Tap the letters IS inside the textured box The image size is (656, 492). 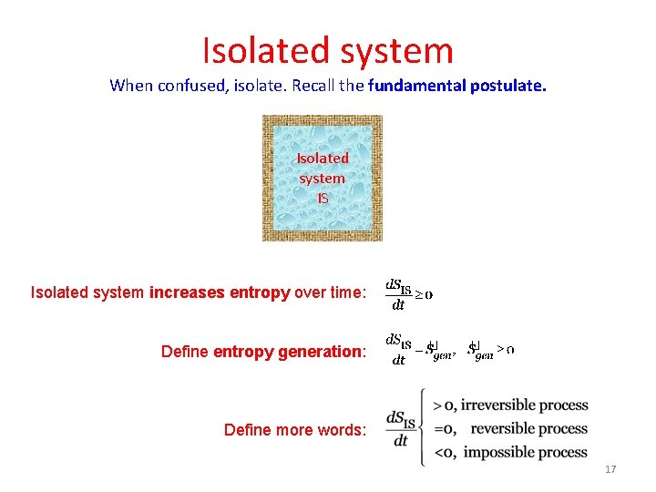[323, 198]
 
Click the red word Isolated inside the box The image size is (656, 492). [323, 159]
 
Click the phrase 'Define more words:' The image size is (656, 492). [294, 430]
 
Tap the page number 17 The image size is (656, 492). [610, 469]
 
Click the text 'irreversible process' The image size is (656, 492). [524, 405]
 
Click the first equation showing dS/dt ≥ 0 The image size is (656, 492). [408, 294]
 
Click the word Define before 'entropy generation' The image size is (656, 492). [185, 352]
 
